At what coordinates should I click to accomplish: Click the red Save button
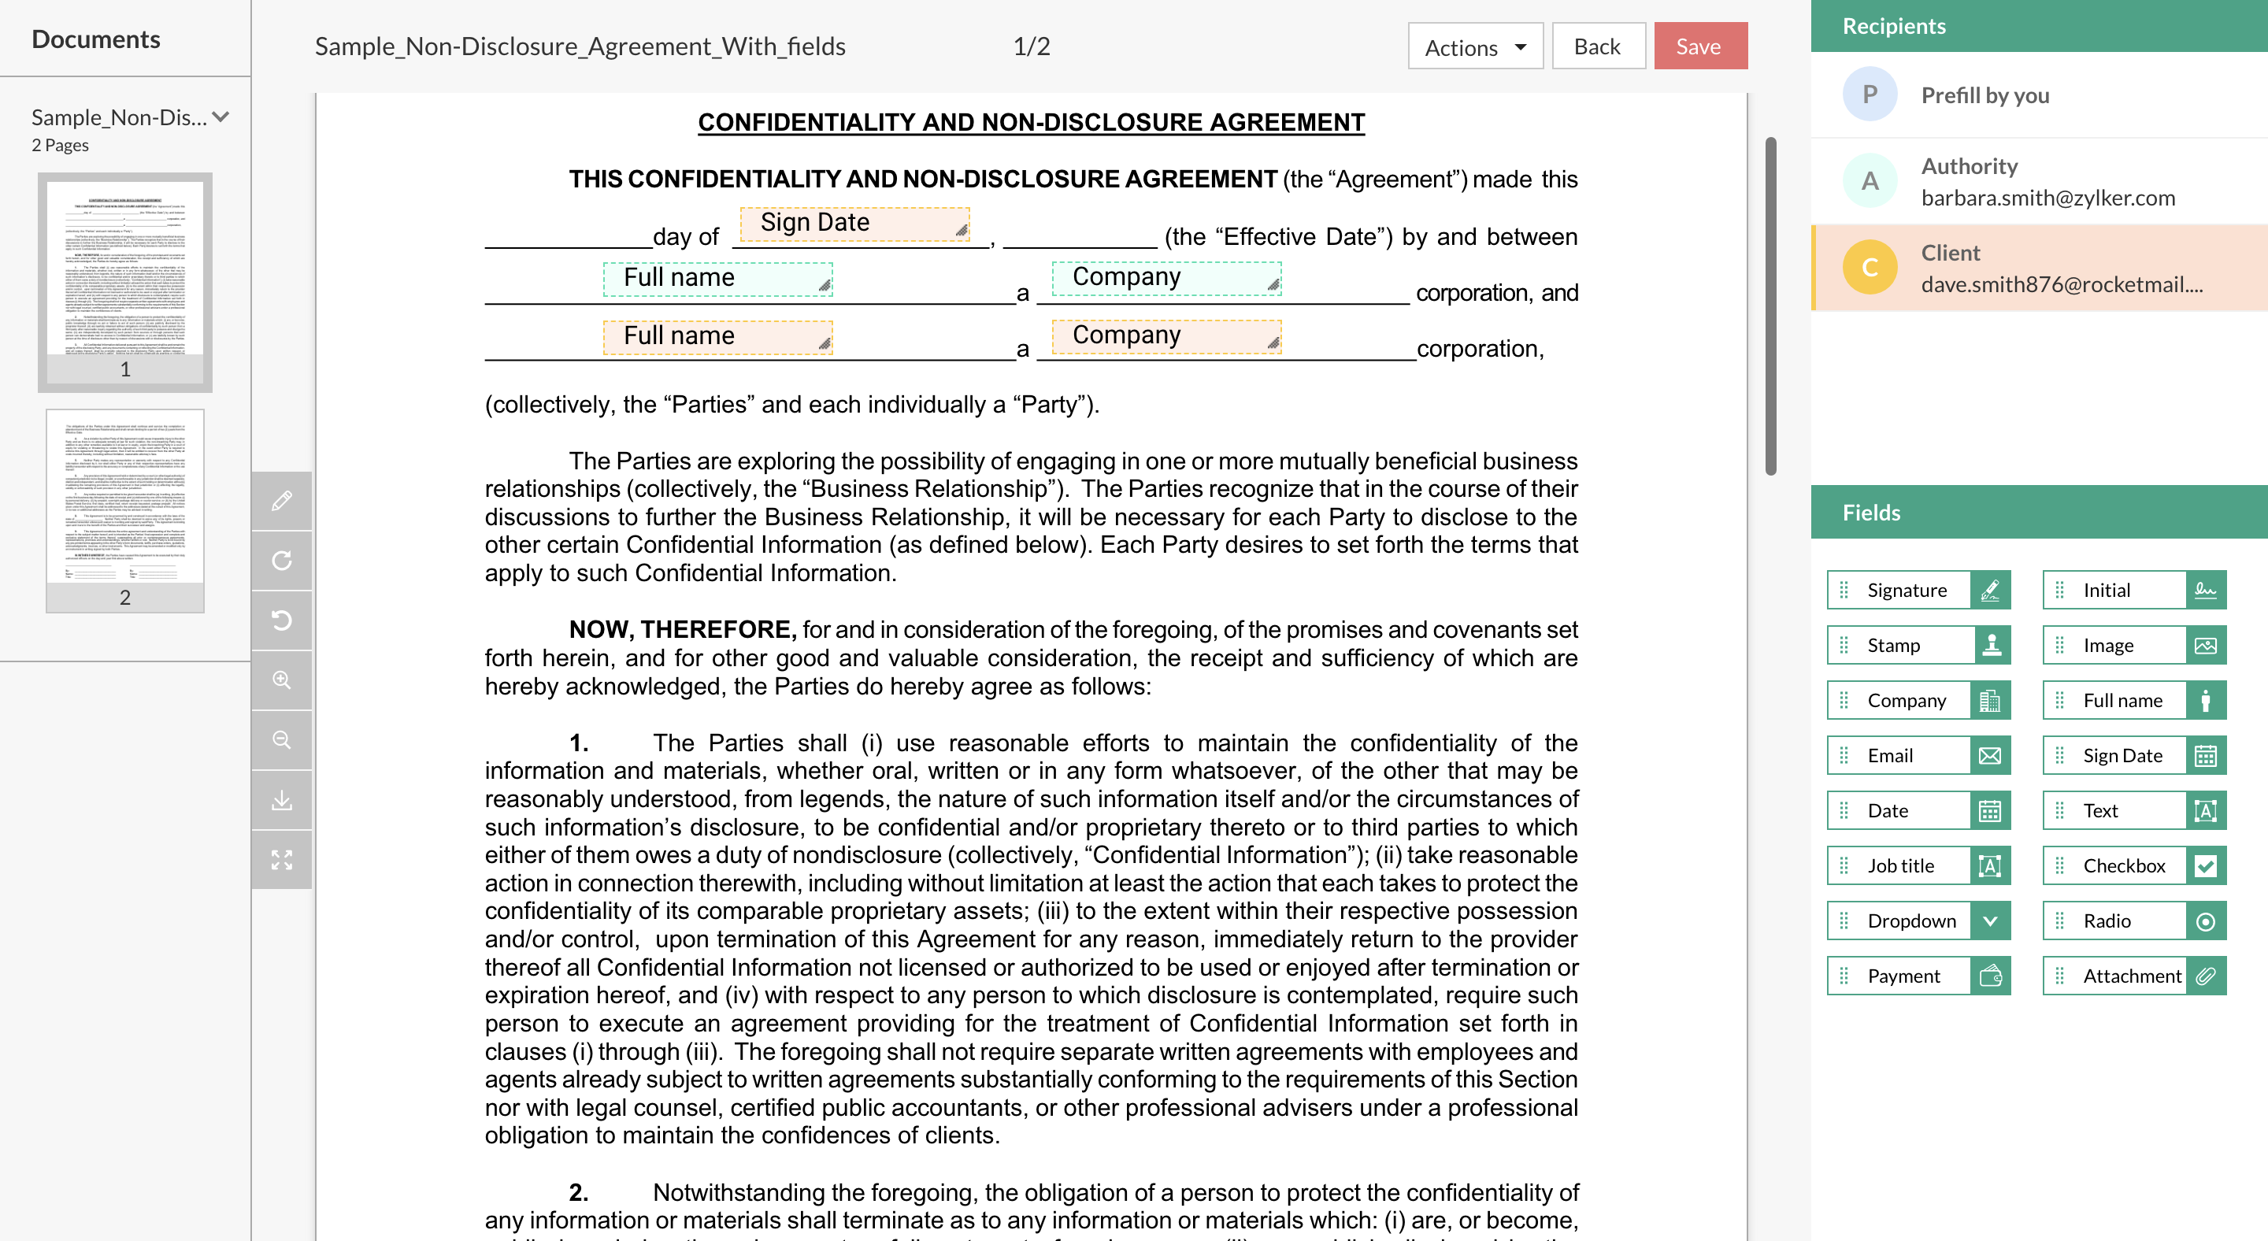pos(1699,46)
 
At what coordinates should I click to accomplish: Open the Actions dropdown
pos(1475,46)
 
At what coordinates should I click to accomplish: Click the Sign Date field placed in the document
pos(853,224)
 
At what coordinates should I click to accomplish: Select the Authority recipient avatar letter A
pos(1870,181)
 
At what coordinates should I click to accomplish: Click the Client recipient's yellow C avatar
pos(1870,268)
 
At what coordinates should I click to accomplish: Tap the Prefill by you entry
pos(1984,95)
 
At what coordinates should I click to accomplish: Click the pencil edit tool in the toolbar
pos(282,501)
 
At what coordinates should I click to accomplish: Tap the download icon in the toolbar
pos(282,800)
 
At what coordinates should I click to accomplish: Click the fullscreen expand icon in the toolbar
pos(282,859)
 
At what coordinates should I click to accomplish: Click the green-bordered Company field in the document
pos(1165,278)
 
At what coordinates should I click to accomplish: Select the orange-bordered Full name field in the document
pos(717,336)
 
